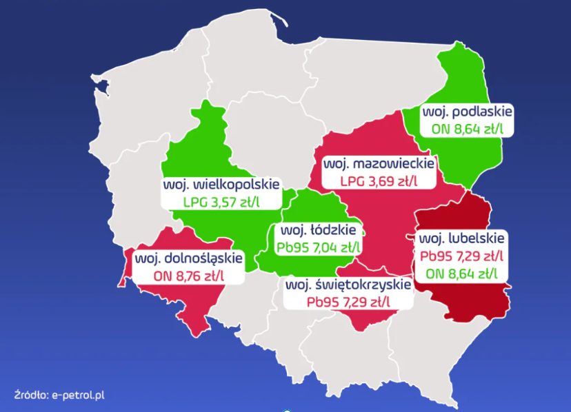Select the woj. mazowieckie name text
379,165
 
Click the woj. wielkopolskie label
221,185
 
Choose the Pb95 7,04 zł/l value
318,247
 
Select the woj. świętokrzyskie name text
348,285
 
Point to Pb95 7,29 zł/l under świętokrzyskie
348,301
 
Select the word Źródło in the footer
29,395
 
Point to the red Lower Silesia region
200,303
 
